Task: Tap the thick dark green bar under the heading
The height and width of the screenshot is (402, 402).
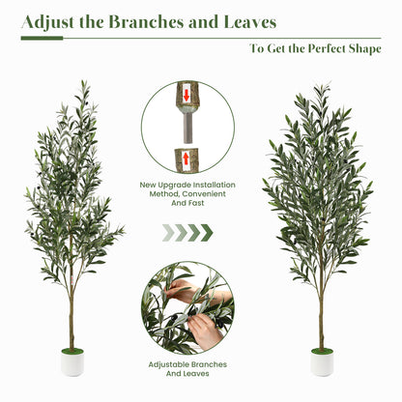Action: [x=42, y=39]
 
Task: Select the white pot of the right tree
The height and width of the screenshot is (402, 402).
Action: [x=322, y=364]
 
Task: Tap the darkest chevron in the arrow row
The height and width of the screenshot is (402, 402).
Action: [x=207, y=232]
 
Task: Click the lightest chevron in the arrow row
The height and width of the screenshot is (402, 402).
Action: [x=167, y=232]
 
